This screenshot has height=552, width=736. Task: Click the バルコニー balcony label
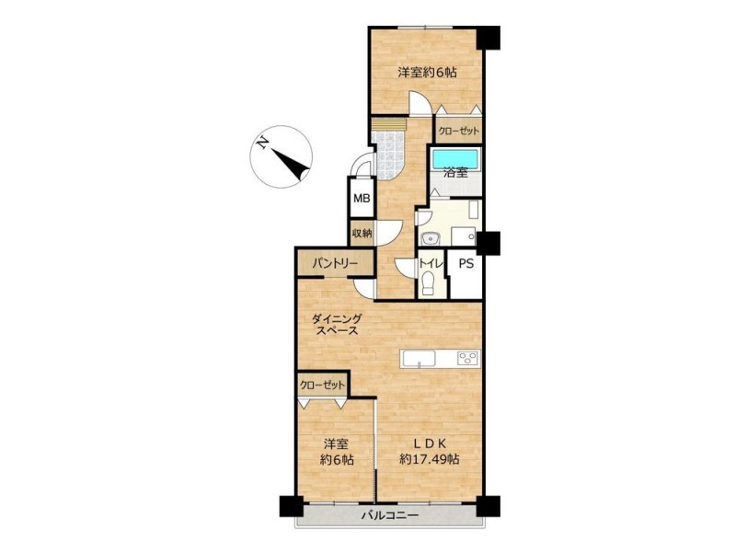click(x=389, y=515)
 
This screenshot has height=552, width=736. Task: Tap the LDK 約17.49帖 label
click(x=429, y=451)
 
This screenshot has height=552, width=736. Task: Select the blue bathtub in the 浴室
click(x=454, y=158)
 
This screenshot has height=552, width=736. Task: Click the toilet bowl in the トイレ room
click(x=428, y=283)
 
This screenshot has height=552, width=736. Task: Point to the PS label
click(x=466, y=263)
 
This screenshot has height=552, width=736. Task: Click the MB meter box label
click(x=362, y=198)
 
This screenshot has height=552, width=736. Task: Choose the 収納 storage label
click(x=362, y=233)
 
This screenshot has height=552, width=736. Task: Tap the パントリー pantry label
click(x=335, y=264)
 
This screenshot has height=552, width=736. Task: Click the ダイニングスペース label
click(x=337, y=325)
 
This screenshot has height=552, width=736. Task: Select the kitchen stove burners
click(x=468, y=358)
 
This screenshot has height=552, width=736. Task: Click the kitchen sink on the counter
click(x=420, y=359)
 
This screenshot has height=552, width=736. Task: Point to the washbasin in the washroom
click(x=430, y=239)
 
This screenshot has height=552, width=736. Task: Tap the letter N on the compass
click(x=262, y=143)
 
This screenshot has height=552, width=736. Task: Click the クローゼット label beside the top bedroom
click(x=458, y=131)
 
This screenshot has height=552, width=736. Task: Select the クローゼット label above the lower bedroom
click(x=323, y=385)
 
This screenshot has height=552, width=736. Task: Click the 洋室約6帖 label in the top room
click(x=428, y=73)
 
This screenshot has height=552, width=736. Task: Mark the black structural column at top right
click(x=489, y=38)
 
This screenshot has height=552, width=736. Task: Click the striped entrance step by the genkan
click(x=388, y=124)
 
